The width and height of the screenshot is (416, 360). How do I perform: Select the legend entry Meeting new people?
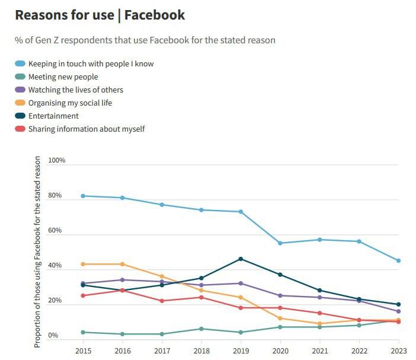pyautogui.click(x=63, y=77)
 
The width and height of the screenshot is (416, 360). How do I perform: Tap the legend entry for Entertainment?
pyautogui.click(x=53, y=116)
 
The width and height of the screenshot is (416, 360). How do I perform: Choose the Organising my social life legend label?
pyautogui.click(x=70, y=103)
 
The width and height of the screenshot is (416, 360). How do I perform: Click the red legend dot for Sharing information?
pyautogui.click(x=21, y=129)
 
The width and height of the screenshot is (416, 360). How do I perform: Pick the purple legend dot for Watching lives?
pyautogui.click(x=21, y=90)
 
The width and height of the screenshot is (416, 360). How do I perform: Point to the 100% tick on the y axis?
pyautogui.click(x=56, y=161)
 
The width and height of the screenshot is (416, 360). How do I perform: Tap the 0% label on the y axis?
pyautogui.click(x=53, y=336)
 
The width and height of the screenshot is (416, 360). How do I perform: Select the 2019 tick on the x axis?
pyautogui.click(x=241, y=350)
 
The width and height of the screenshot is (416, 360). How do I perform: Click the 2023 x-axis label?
pyautogui.click(x=398, y=350)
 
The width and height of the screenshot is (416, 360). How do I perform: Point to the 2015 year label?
pyautogui.click(x=83, y=350)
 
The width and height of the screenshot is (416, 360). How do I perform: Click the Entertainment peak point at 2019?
pyautogui.click(x=241, y=259)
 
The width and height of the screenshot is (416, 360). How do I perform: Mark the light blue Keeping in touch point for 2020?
pyautogui.click(x=280, y=243)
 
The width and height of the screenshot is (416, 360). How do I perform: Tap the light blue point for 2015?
pyautogui.click(x=83, y=196)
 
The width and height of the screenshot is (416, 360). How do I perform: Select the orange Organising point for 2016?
pyautogui.click(x=123, y=264)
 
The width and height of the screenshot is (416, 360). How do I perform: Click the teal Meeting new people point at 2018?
pyautogui.click(x=201, y=329)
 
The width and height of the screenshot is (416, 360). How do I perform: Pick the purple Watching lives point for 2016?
pyautogui.click(x=123, y=280)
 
